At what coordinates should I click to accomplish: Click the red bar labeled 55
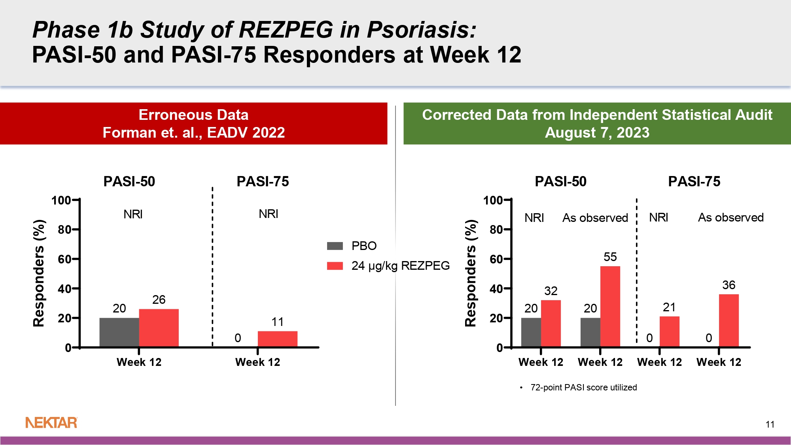[610, 307]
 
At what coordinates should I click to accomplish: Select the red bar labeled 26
[159, 328]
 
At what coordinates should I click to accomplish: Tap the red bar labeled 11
[277, 339]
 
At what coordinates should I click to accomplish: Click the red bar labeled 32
[551, 324]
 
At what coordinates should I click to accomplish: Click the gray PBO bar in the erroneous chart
[119, 332]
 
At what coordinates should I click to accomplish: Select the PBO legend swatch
[335, 246]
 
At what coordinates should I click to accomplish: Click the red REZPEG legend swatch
[335, 265]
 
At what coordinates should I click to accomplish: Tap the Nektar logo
[51, 422]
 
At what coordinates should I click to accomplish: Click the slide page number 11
[770, 424]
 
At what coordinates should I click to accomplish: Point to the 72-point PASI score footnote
[583, 387]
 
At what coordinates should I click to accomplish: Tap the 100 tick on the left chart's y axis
[61, 200]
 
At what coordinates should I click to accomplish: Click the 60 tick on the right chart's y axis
[496, 259]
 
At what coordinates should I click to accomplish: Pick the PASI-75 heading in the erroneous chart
[263, 181]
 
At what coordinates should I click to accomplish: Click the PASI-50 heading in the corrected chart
[560, 181]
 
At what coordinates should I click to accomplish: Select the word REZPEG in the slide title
[286, 30]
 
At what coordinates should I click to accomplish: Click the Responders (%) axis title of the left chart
[39, 273]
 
